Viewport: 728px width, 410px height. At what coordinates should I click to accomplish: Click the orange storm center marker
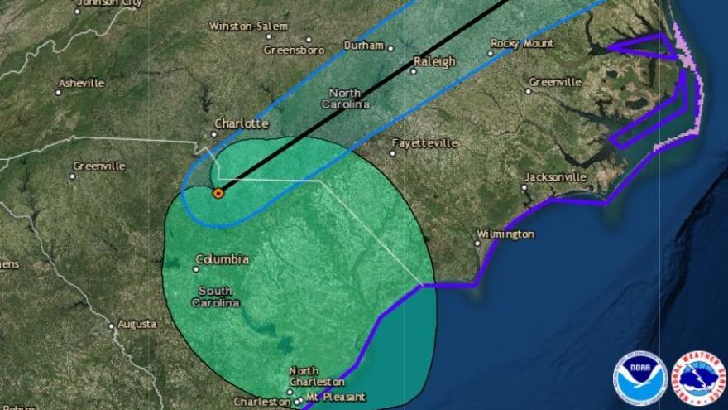point(218,193)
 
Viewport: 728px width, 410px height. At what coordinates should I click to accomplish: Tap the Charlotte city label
point(242,124)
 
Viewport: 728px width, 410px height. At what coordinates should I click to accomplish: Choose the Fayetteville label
point(424,143)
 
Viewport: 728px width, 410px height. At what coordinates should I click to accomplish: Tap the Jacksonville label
point(556,177)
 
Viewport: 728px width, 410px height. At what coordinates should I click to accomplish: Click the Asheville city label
point(81,83)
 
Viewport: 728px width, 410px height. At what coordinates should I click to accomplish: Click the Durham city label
point(364,45)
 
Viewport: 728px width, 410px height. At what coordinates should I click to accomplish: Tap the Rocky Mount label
point(522,43)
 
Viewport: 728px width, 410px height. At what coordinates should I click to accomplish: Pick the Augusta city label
point(137,324)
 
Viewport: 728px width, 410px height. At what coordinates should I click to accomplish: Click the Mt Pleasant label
point(336,398)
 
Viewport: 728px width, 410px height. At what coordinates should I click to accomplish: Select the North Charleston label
point(317,377)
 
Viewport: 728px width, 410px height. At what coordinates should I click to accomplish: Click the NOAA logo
point(639,379)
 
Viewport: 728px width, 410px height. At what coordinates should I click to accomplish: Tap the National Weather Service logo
point(699,379)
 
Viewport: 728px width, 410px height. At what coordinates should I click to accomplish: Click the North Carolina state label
point(345,99)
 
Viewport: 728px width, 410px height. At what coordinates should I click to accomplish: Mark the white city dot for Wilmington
point(477,243)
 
